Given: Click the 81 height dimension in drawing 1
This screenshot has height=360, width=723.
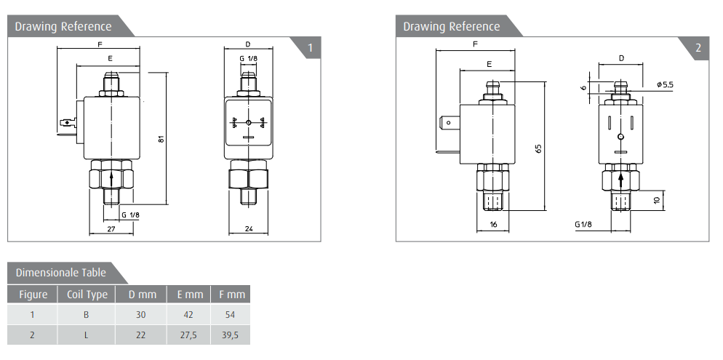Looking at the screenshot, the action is (161, 138).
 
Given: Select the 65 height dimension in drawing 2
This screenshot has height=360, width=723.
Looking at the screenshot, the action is (538, 148).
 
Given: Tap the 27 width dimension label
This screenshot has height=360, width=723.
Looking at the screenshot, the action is (111, 228).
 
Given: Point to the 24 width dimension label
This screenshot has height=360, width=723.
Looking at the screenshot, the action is (248, 228).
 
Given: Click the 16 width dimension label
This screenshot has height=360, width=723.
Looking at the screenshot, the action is (493, 225).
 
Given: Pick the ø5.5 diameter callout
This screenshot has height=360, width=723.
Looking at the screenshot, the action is (665, 84).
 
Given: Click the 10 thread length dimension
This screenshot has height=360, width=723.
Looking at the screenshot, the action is (657, 199).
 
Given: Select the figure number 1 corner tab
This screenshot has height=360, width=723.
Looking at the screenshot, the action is (310, 48).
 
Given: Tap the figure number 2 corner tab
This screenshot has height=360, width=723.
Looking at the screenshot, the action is (698, 48).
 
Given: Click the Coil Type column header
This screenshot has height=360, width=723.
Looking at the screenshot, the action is (87, 295).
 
